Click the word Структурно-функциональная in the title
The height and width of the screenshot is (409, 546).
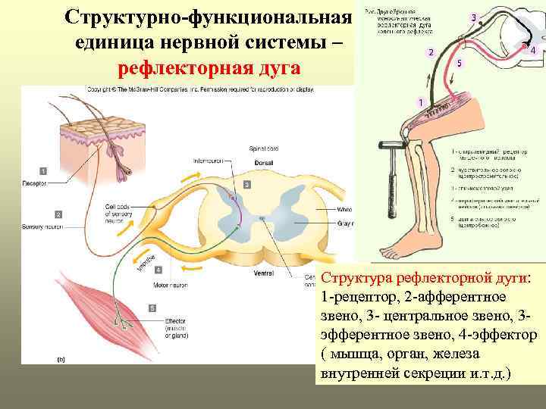[x=209, y=16]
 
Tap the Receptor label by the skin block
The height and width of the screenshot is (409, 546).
[x=35, y=183]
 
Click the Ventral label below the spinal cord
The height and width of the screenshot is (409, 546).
[x=264, y=273]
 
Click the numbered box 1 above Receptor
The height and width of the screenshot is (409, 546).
[x=43, y=171]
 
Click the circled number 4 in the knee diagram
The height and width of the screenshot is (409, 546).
[x=532, y=50]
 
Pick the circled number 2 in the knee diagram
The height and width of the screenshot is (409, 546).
[x=431, y=52]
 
